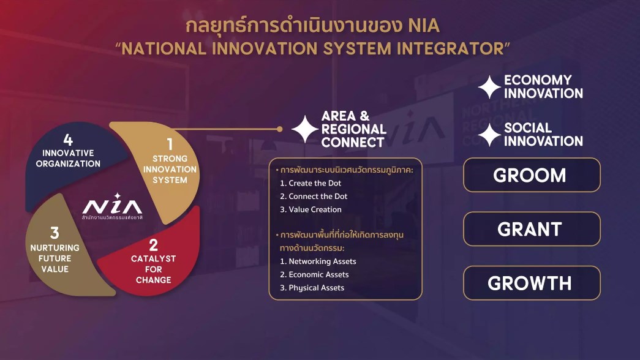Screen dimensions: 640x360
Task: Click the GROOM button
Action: (x=532, y=174)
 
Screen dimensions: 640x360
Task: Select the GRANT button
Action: (x=532, y=228)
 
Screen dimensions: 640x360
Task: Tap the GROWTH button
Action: (x=532, y=283)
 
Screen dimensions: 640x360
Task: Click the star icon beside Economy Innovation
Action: (x=489, y=87)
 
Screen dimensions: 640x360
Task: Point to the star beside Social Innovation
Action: (x=489, y=135)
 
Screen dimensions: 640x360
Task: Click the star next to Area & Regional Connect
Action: (x=305, y=129)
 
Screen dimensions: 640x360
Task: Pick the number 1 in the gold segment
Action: (x=170, y=144)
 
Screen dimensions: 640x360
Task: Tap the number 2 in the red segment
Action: (x=154, y=245)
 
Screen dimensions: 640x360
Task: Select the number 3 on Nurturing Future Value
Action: (x=55, y=233)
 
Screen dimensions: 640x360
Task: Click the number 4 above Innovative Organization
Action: (x=68, y=140)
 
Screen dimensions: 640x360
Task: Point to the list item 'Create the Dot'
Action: (x=311, y=183)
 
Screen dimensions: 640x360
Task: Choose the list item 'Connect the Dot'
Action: (x=314, y=197)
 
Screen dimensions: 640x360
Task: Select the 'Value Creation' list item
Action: (x=311, y=209)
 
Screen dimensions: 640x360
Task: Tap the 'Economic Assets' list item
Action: (x=314, y=274)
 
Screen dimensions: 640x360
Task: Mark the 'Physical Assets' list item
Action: (x=312, y=288)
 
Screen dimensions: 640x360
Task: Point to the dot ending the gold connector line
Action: (x=280, y=129)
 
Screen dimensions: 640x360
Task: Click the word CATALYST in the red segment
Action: (x=154, y=258)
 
